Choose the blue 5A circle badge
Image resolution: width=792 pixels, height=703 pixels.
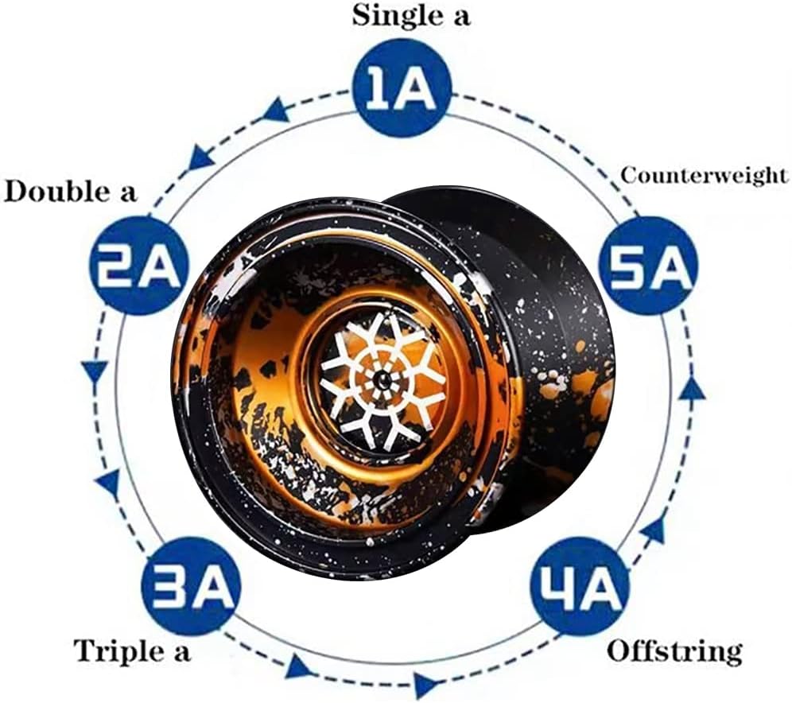[648, 266]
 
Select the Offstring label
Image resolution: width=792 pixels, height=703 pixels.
[674, 651]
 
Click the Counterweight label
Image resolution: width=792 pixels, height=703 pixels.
[704, 176]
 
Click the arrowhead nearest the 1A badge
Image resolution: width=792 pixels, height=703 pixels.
[277, 111]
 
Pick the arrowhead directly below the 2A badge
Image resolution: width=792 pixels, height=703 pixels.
[95, 371]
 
